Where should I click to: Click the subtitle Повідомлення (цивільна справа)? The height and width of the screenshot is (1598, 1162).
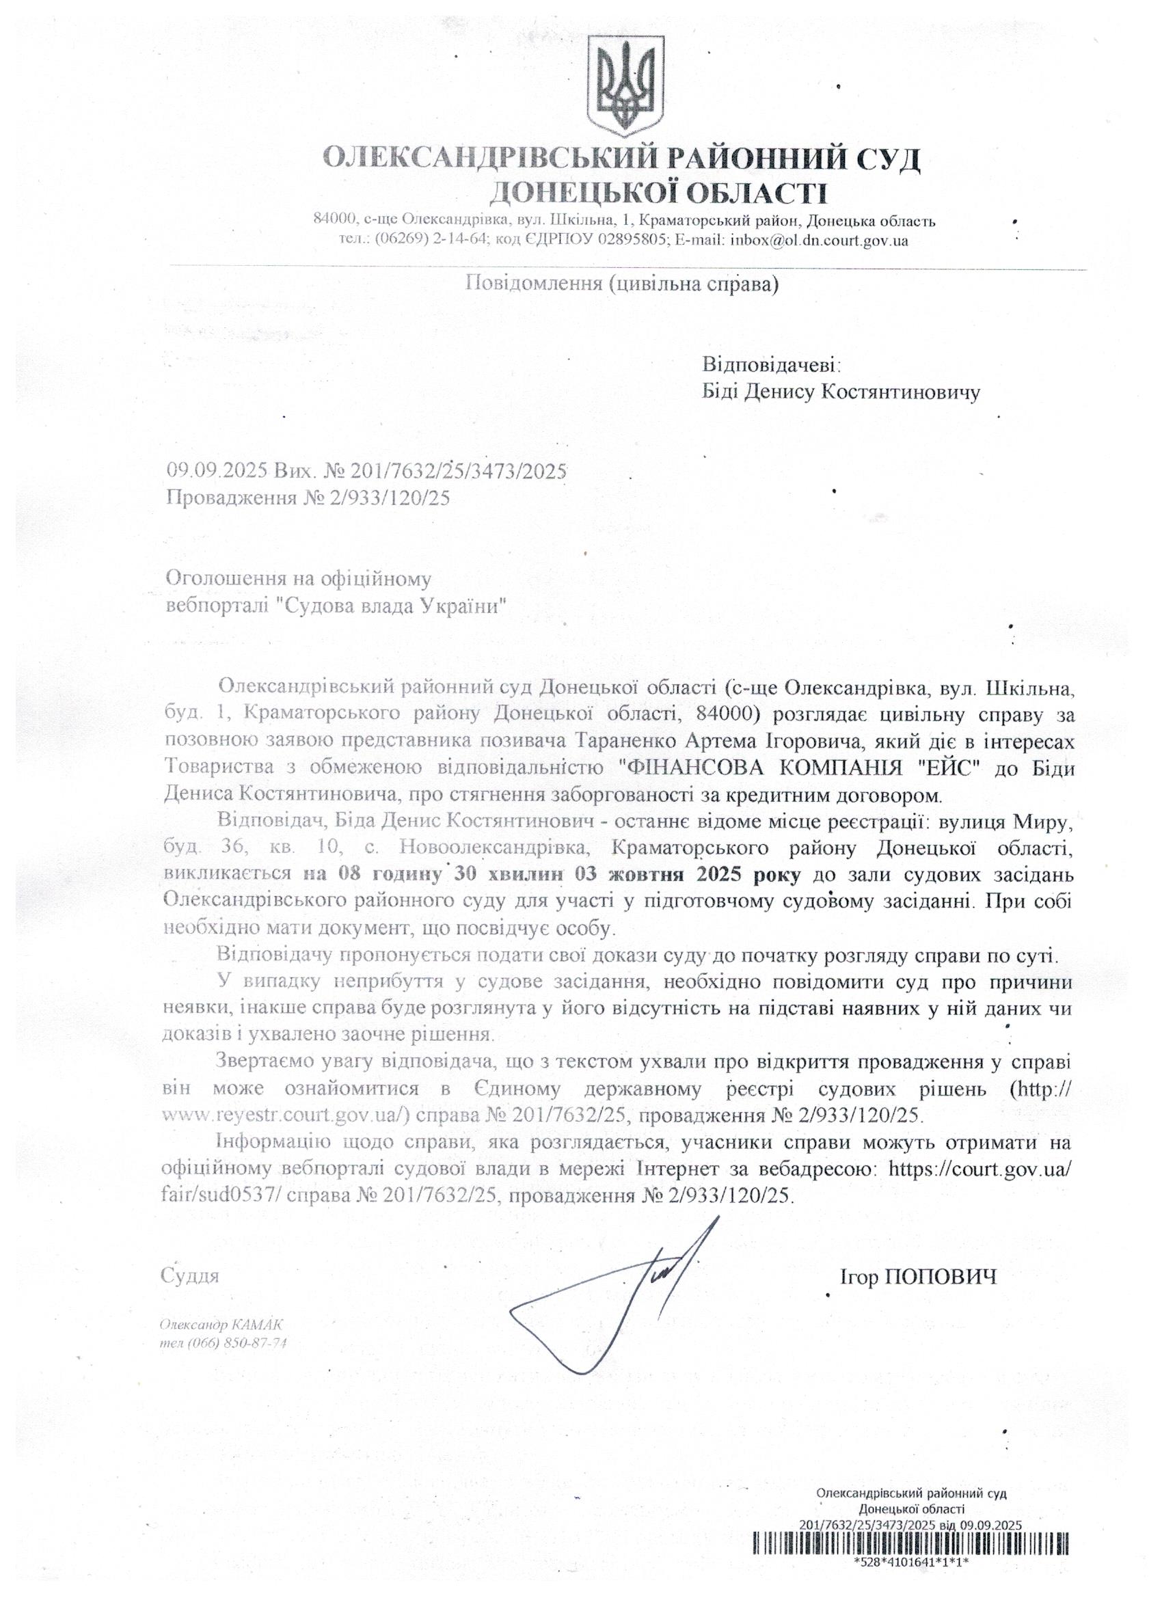[621, 284]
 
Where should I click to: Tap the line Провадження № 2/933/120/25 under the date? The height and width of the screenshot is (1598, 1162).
[308, 498]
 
